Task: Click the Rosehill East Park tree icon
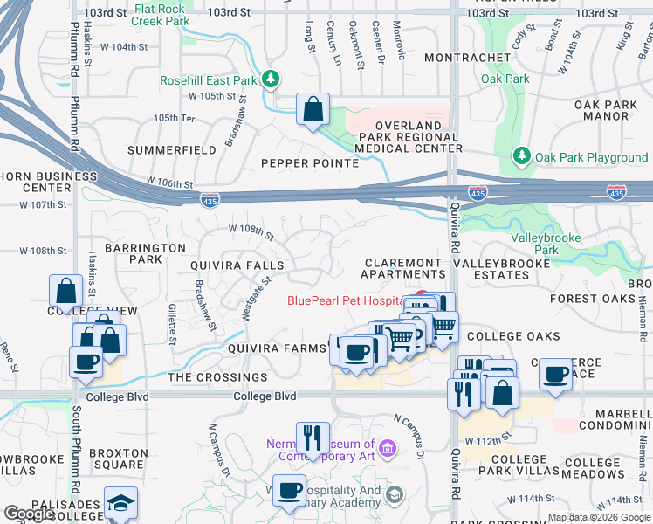(x=272, y=80)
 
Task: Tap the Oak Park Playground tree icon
(x=522, y=157)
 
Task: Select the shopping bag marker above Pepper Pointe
(x=313, y=110)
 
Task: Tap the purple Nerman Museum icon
(x=388, y=450)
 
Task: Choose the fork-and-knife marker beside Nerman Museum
(x=312, y=438)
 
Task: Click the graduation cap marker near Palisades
(x=120, y=503)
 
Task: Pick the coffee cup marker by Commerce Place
(x=555, y=375)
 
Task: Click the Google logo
(x=30, y=514)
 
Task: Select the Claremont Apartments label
(x=402, y=268)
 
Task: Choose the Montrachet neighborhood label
(x=467, y=58)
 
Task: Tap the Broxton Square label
(x=119, y=458)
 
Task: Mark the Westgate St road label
(x=254, y=296)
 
